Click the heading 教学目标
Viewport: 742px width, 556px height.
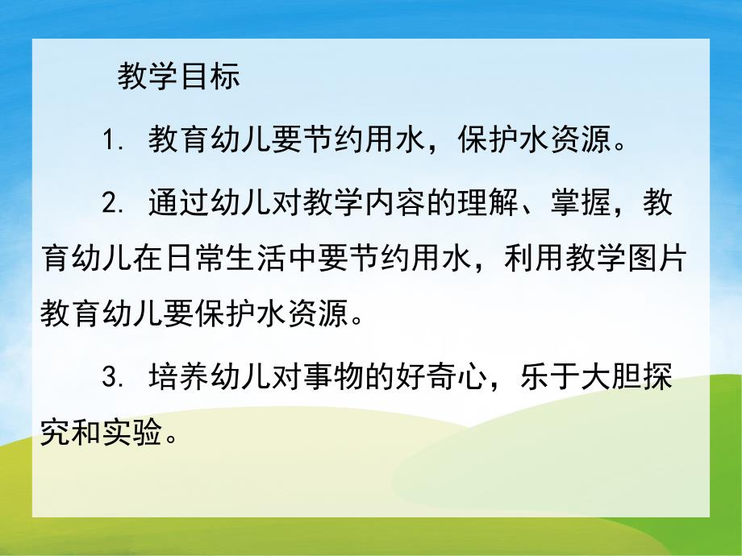pyautogui.click(x=178, y=77)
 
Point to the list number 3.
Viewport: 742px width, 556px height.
pyautogui.click(x=112, y=378)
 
